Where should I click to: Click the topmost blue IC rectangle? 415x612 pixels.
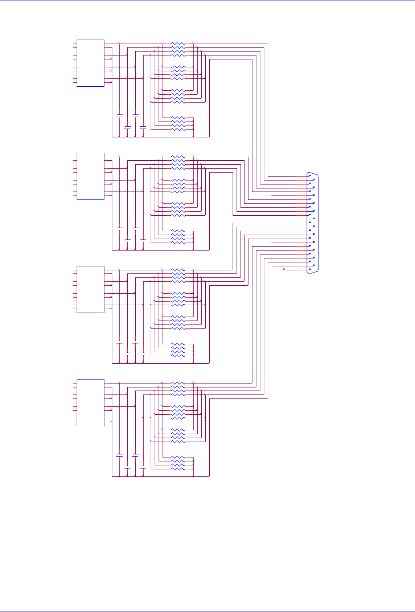point(90,63)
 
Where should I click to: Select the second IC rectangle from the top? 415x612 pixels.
point(90,176)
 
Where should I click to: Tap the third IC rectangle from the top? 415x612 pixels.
point(90,289)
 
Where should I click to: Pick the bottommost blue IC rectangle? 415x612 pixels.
point(90,402)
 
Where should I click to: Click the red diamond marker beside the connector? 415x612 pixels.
point(284,269)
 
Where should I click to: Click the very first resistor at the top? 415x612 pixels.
point(178,44)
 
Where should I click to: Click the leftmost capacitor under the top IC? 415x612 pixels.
point(119,115)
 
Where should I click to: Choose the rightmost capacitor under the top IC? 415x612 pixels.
point(143,127)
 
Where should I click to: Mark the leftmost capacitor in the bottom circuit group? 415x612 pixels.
point(119,455)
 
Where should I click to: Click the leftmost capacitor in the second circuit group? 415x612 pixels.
point(119,229)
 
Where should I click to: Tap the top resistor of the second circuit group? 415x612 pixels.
point(178,157)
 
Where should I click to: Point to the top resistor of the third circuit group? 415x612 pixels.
point(178,269)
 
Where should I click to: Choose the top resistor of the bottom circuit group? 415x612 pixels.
point(178,383)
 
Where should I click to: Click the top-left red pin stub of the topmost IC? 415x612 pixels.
point(74,44)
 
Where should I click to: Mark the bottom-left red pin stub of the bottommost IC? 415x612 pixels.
point(74,422)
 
